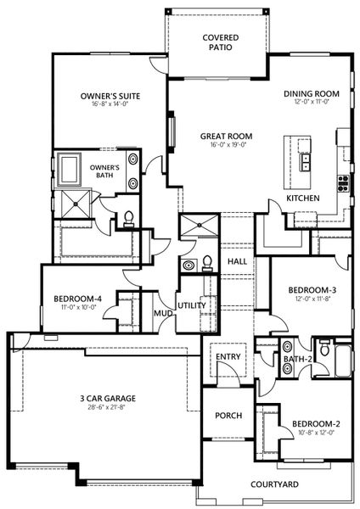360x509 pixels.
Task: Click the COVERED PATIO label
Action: click(220, 42)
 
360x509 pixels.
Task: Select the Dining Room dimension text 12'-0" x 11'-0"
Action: click(312, 103)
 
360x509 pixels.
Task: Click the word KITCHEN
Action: click(302, 198)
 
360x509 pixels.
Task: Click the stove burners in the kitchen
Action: click(343, 181)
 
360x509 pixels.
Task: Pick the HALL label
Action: click(237, 261)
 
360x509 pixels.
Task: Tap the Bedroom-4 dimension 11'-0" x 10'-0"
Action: click(78, 307)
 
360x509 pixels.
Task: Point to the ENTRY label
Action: click(228, 356)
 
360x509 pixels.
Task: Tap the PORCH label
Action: click(228, 416)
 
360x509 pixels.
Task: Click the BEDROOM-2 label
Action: click(316, 423)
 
